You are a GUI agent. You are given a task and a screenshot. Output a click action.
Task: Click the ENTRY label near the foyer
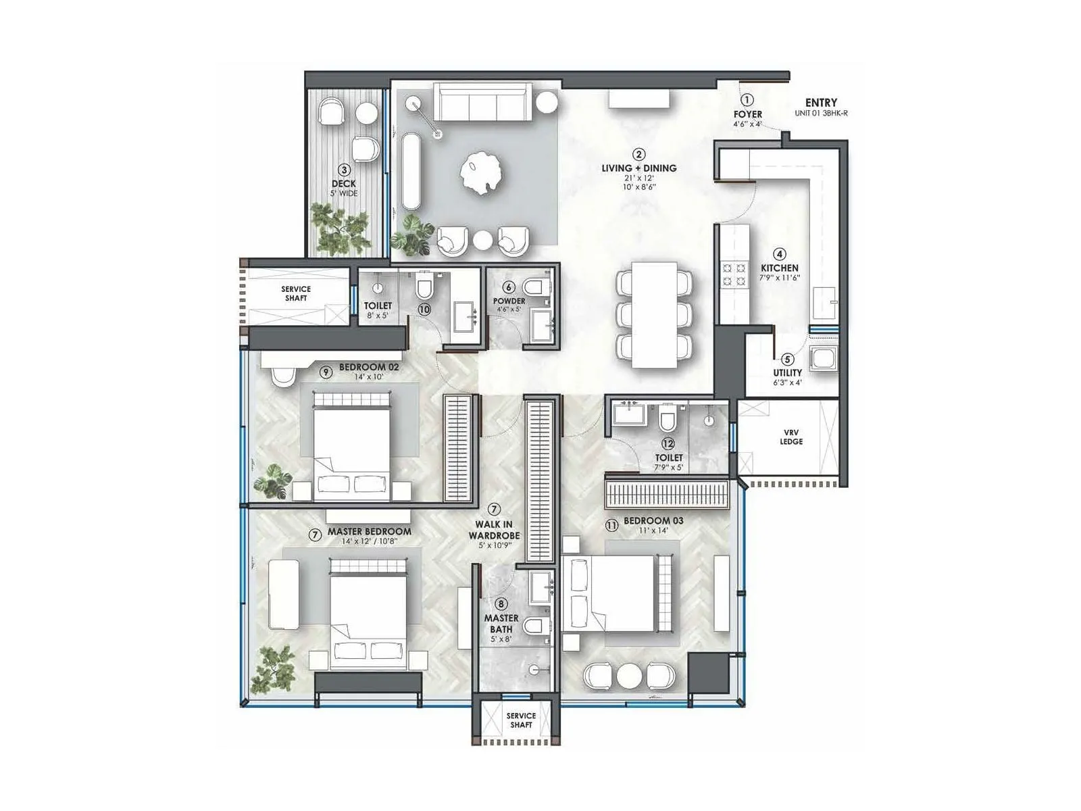(x=821, y=103)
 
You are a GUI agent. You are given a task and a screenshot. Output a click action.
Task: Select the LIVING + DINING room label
(x=638, y=168)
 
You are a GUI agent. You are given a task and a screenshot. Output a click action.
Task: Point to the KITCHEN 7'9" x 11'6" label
(x=779, y=272)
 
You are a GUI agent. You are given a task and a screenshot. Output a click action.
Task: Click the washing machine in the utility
(x=824, y=358)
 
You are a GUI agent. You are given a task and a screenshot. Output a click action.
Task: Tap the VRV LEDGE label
(x=790, y=437)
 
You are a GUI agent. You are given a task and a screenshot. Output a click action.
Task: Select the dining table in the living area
(x=654, y=315)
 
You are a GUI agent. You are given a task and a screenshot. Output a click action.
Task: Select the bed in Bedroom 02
(x=351, y=446)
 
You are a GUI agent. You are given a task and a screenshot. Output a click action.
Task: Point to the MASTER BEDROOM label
(x=369, y=531)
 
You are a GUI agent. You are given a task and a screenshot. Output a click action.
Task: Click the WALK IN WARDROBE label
(x=494, y=530)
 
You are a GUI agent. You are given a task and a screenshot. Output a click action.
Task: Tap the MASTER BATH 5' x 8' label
(x=501, y=623)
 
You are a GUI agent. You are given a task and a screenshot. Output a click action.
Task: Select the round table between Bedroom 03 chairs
(x=628, y=676)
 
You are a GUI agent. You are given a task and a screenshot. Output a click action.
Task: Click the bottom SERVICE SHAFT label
(x=521, y=720)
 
